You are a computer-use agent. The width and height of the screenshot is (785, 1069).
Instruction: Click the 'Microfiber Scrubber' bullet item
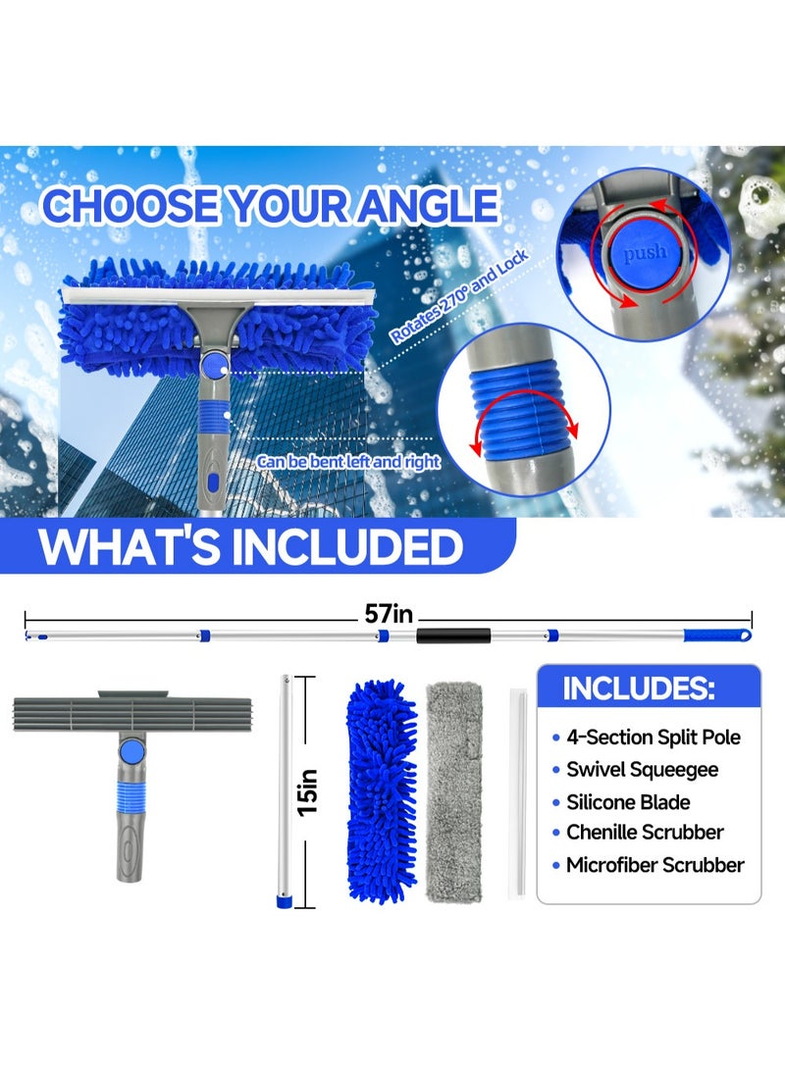coord(654,865)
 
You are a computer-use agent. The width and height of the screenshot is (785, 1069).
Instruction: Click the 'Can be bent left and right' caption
coord(348,461)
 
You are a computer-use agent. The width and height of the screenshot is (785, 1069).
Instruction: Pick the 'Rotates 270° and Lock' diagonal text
coord(459,294)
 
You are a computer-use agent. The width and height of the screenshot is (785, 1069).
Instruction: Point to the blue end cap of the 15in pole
coord(284,896)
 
